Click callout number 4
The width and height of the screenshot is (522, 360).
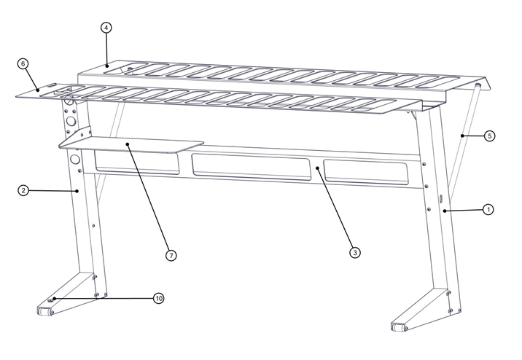(106, 28)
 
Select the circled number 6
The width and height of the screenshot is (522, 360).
(23, 63)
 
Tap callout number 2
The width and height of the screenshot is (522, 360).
(23, 190)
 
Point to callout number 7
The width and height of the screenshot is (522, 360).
(171, 255)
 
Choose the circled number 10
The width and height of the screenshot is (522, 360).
(159, 298)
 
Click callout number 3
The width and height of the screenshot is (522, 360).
(355, 252)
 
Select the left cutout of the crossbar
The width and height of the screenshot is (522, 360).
(137, 164)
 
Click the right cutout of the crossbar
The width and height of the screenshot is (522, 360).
(365, 171)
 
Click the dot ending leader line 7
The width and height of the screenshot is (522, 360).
(127, 144)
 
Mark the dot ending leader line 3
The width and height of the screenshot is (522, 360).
(317, 168)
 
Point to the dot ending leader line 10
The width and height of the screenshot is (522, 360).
(53, 299)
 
